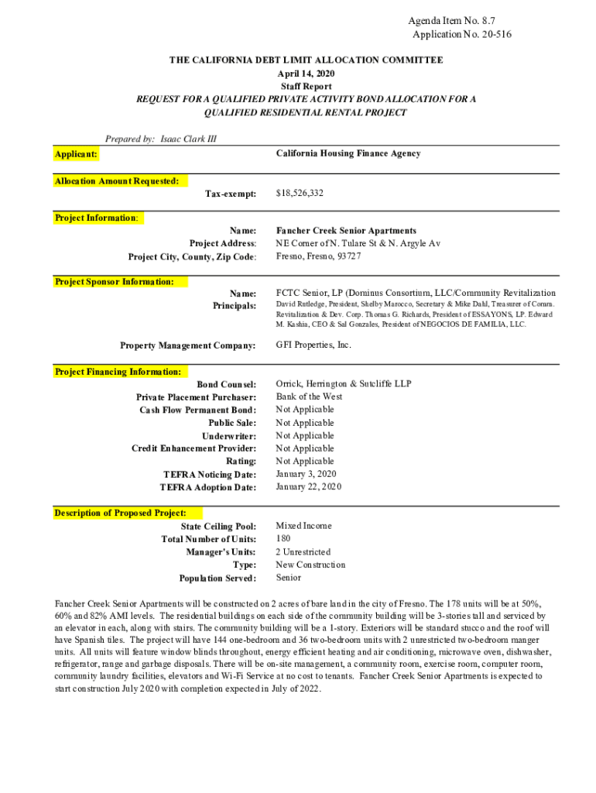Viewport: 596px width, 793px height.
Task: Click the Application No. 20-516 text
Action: [x=461, y=34]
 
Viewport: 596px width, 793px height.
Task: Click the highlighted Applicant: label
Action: [x=76, y=154]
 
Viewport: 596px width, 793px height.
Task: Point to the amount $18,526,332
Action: [x=300, y=192]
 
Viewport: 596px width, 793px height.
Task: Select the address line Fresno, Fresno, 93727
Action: [x=318, y=256]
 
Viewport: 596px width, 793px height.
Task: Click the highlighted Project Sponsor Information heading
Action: [x=114, y=282]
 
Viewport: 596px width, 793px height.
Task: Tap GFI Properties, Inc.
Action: [x=313, y=345]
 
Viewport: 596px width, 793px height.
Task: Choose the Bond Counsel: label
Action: [x=226, y=384]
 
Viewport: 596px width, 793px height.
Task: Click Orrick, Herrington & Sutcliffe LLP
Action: [x=344, y=383]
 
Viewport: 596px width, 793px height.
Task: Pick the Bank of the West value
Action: [x=309, y=396]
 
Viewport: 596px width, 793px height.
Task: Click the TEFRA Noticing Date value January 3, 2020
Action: [x=306, y=474]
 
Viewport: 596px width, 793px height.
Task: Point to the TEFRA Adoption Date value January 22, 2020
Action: [x=308, y=487]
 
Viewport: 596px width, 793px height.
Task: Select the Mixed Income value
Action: [x=303, y=526]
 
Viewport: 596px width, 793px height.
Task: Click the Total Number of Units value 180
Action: [x=283, y=539]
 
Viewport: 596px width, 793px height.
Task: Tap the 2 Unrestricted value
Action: [x=303, y=552]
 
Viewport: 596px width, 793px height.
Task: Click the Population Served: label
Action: [x=218, y=578]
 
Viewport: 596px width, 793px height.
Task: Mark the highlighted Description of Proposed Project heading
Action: [x=120, y=513]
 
